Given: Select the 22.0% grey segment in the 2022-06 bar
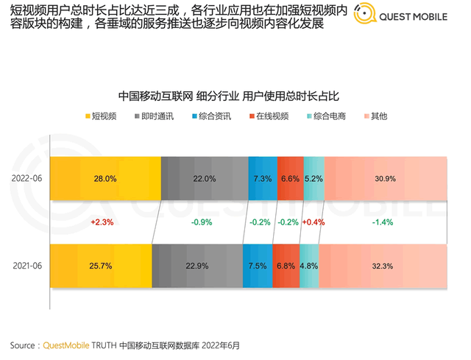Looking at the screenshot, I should coord(204,179).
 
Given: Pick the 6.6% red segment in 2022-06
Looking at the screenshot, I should coord(291,179).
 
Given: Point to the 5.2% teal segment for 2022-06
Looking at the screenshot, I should coord(314,179).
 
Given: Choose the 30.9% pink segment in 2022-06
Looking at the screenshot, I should coord(385,179).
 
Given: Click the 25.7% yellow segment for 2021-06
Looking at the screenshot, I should coord(101,266).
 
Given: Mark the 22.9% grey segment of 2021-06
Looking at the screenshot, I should coord(197,266).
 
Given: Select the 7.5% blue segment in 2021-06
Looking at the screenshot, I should coord(258,266).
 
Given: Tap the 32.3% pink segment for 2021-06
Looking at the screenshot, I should coord(383,266).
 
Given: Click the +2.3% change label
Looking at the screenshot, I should coord(101,222).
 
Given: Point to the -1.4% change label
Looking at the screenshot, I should coord(383,222).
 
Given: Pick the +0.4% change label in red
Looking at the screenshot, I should coord(314,222).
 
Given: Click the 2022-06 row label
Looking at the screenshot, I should coord(26,179).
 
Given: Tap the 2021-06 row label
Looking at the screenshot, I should coord(26,266).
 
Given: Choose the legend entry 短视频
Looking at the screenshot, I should coord(100,117).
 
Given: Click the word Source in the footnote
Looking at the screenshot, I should coord(24,345).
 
